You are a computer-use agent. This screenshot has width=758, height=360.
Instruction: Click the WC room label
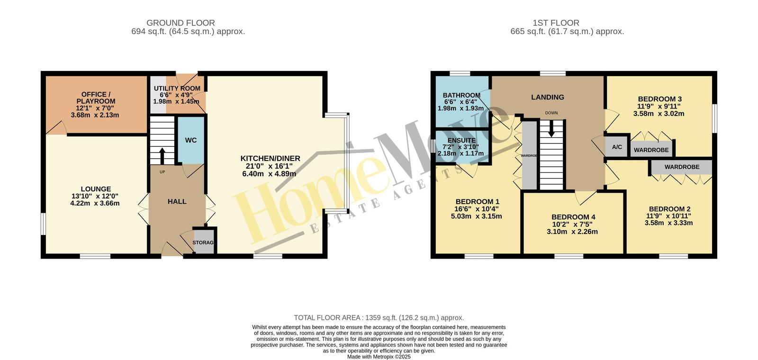click(x=191, y=140)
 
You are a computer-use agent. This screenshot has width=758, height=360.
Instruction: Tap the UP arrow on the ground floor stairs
click(x=162, y=156)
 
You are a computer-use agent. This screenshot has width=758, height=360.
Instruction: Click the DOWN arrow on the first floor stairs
click(x=551, y=128)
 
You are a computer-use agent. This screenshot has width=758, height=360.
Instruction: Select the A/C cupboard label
click(x=617, y=147)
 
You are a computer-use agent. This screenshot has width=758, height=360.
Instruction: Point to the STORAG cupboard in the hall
click(x=203, y=243)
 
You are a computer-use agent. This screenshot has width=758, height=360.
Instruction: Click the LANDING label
click(x=548, y=97)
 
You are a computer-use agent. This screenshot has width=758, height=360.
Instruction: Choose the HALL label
click(x=177, y=202)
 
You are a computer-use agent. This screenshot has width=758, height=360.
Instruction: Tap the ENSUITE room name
click(x=461, y=140)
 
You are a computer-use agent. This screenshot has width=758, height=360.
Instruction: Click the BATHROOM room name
click(x=461, y=95)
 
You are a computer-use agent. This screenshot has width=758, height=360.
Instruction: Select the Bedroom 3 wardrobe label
click(x=651, y=150)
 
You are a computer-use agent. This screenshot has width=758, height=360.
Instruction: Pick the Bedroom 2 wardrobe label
click(x=682, y=167)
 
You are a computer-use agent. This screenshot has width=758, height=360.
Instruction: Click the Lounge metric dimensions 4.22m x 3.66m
click(x=95, y=203)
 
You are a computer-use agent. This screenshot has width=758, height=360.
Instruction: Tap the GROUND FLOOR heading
click(x=180, y=23)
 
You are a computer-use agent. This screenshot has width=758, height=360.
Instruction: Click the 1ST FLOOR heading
click(x=556, y=23)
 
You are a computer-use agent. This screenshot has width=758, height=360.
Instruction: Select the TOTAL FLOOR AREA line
click(x=379, y=318)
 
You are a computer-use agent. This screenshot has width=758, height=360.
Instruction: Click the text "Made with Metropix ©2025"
click(x=379, y=357)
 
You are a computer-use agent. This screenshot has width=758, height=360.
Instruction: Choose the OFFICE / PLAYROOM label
click(x=96, y=98)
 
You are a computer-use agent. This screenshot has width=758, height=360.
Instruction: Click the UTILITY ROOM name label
click(x=177, y=88)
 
